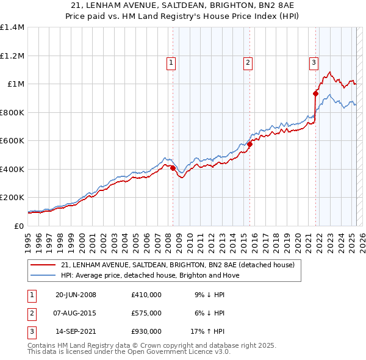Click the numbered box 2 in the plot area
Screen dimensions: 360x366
(248, 62)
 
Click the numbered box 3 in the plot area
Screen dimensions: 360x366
(314, 62)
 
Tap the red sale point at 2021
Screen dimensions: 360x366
(315, 93)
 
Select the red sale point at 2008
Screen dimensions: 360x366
(173, 168)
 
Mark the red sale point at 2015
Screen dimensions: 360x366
(250, 145)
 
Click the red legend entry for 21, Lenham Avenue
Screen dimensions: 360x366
(178, 265)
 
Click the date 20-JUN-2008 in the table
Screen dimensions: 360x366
(76, 295)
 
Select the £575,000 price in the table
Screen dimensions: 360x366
(146, 313)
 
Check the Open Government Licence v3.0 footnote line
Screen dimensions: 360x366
(128, 353)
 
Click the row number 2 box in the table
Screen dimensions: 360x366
(31, 313)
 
